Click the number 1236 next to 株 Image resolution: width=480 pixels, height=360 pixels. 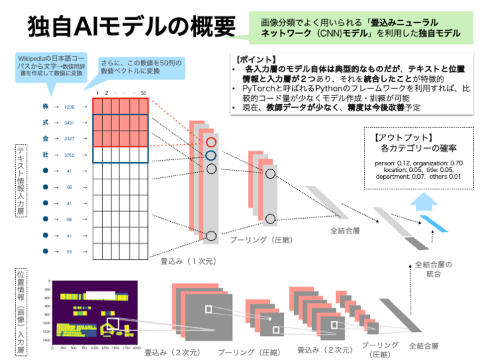69,107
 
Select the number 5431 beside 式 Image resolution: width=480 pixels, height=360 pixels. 69,123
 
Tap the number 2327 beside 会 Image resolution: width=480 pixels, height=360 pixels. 69,139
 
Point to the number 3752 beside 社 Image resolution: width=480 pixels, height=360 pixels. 69,155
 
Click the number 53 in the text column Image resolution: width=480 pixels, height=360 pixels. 69,252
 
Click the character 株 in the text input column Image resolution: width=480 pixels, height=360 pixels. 44,107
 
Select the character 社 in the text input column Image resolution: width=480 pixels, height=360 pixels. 44,155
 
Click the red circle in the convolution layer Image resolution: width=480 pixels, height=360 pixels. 211,142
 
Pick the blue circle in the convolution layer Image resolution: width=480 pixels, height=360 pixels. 211,155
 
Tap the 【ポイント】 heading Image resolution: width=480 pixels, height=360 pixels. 255,58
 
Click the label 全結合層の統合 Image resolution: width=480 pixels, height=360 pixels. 433,269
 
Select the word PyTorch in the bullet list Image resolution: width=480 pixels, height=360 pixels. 262,88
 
